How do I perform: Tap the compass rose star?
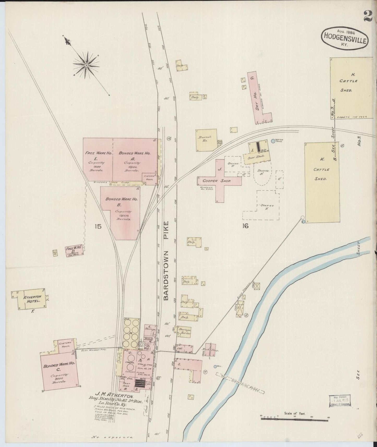[x=86, y=65]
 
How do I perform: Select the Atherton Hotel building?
[x=31, y=299]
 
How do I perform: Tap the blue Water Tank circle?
[x=273, y=141]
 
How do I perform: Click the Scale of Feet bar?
[x=295, y=419]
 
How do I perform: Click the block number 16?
[x=245, y=226]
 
